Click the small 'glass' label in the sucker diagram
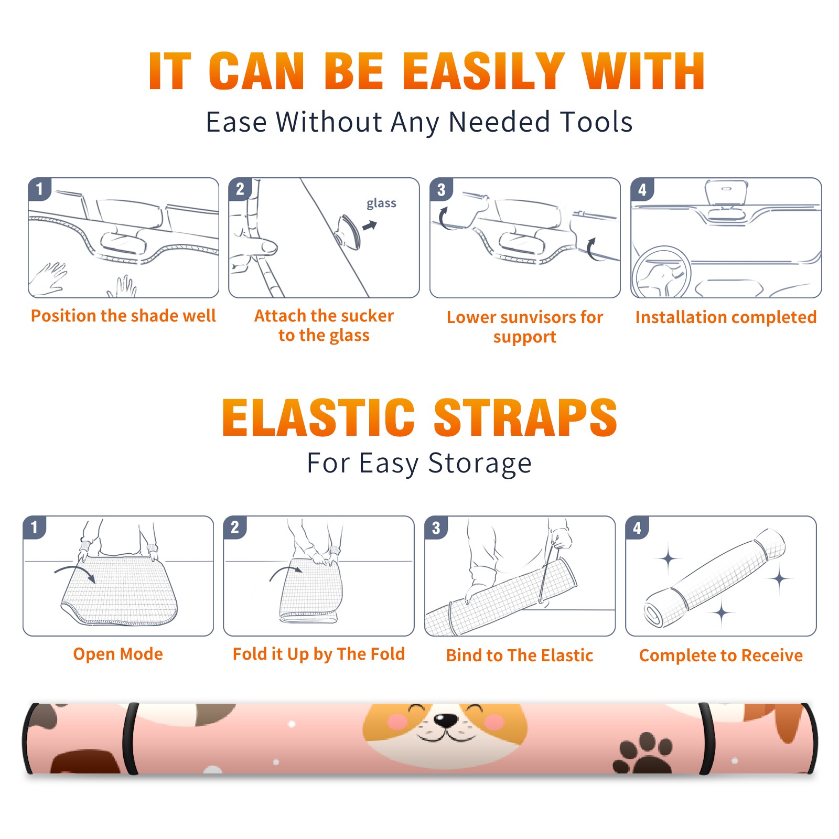(381, 203)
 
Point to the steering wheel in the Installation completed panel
(661, 272)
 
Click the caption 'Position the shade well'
(123, 316)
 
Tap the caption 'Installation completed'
(726, 317)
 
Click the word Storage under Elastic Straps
(480, 464)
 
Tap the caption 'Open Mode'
(118, 654)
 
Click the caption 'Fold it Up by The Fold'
(319, 654)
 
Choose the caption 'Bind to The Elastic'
(520, 655)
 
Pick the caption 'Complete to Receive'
(721, 655)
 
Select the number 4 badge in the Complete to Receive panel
(637, 528)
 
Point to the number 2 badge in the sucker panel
(240, 189)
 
